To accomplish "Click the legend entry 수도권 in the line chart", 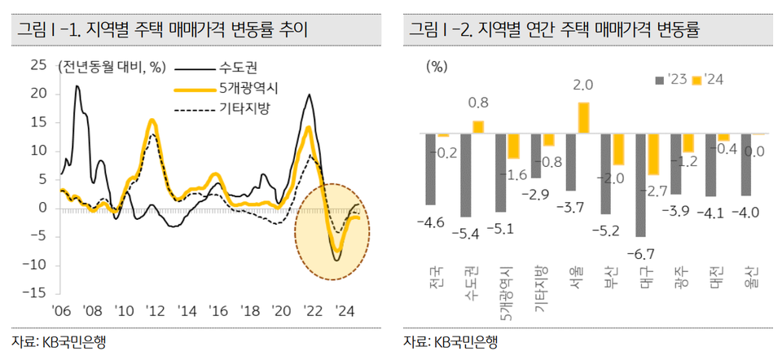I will pos(236,67).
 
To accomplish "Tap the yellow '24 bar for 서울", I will pos(582,117).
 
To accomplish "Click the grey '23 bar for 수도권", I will pos(465,175).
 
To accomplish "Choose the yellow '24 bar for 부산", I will pos(617,148).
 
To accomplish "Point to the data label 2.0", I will pos(582,85).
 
